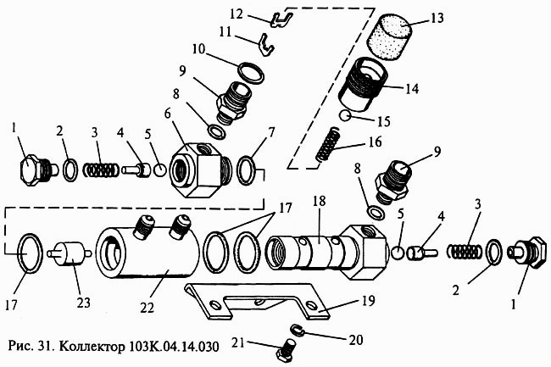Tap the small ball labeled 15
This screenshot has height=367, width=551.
pos(345,115)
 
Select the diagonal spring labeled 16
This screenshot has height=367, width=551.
pos(328,144)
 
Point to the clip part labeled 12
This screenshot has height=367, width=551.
pos(281,19)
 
